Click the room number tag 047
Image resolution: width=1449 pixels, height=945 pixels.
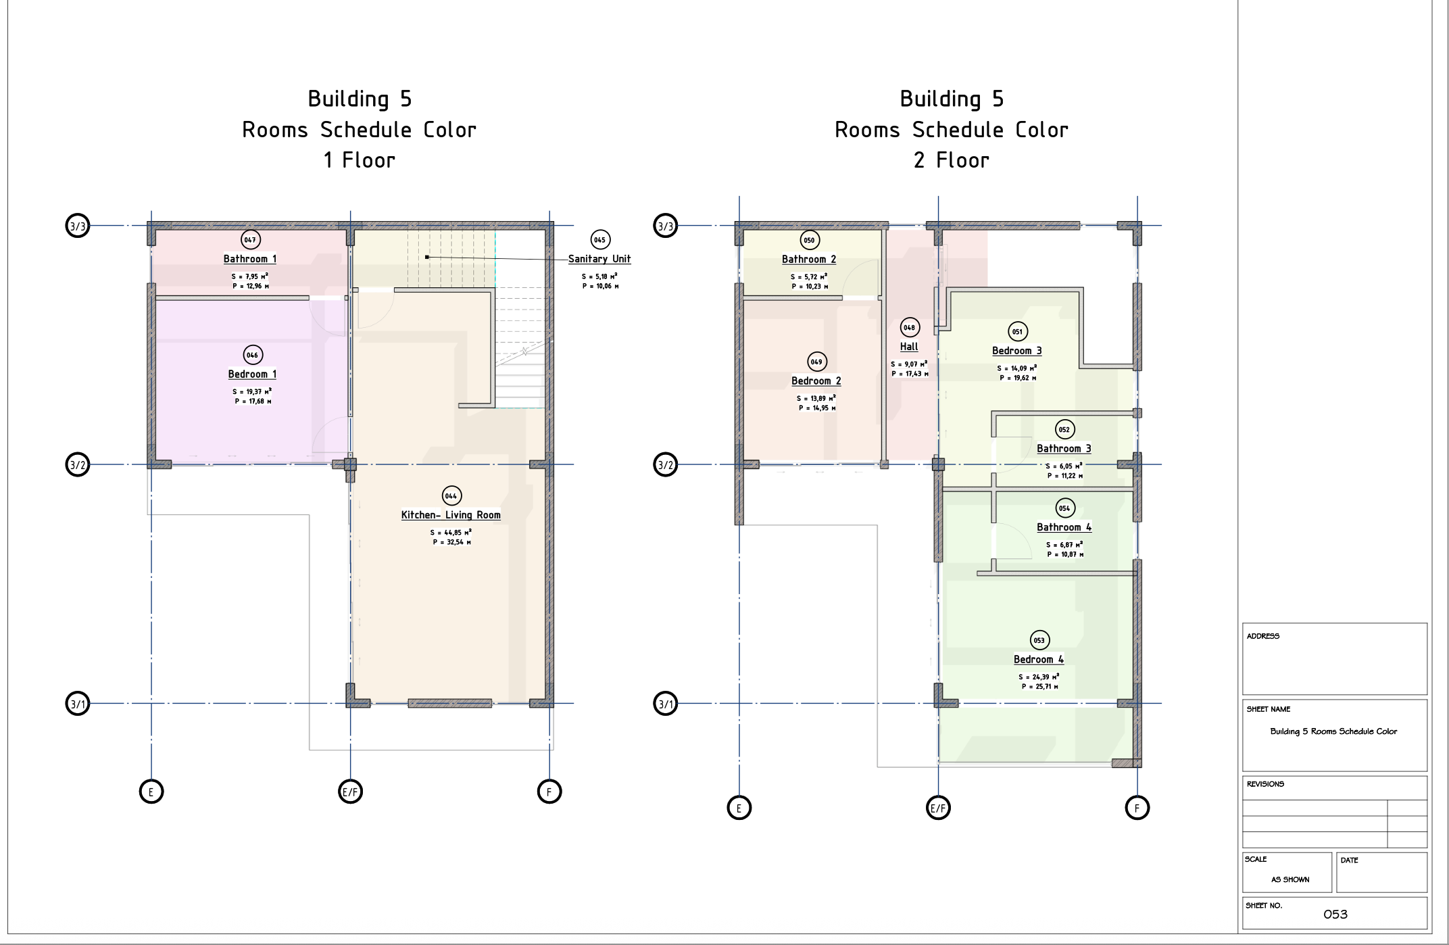(x=251, y=239)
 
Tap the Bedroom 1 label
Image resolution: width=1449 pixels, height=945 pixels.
(x=252, y=374)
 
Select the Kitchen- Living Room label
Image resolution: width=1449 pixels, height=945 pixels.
(x=451, y=515)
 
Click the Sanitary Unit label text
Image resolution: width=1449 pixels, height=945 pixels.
(x=599, y=259)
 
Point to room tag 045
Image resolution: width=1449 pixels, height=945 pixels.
(x=600, y=239)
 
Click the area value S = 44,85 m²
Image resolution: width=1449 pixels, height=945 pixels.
(x=451, y=533)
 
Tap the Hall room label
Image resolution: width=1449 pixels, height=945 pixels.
(x=909, y=347)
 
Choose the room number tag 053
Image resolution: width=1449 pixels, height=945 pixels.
(x=1039, y=640)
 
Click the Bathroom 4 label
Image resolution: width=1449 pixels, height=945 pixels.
(x=1064, y=527)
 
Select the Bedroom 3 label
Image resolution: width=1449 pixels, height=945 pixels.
(x=1017, y=351)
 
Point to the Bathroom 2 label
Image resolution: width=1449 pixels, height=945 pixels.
(x=809, y=260)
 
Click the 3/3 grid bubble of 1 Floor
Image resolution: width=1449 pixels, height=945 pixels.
(x=78, y=226)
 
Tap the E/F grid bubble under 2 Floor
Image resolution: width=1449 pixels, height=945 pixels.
(x=938, y=808)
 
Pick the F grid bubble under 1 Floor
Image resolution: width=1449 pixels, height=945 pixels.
(x=549, y=792)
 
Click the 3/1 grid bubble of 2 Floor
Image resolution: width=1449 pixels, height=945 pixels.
(x=666, y=704)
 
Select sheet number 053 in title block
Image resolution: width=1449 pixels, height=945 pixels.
(x=1335, y=915)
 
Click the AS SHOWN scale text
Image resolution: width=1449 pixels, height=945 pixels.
(x=1290, y=879)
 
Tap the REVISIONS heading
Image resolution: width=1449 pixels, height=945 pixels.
(x=1265, y=784)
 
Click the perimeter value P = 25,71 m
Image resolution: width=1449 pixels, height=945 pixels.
(x=1039, y=687)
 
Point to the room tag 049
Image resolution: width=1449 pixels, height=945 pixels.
(x=817, y=362)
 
